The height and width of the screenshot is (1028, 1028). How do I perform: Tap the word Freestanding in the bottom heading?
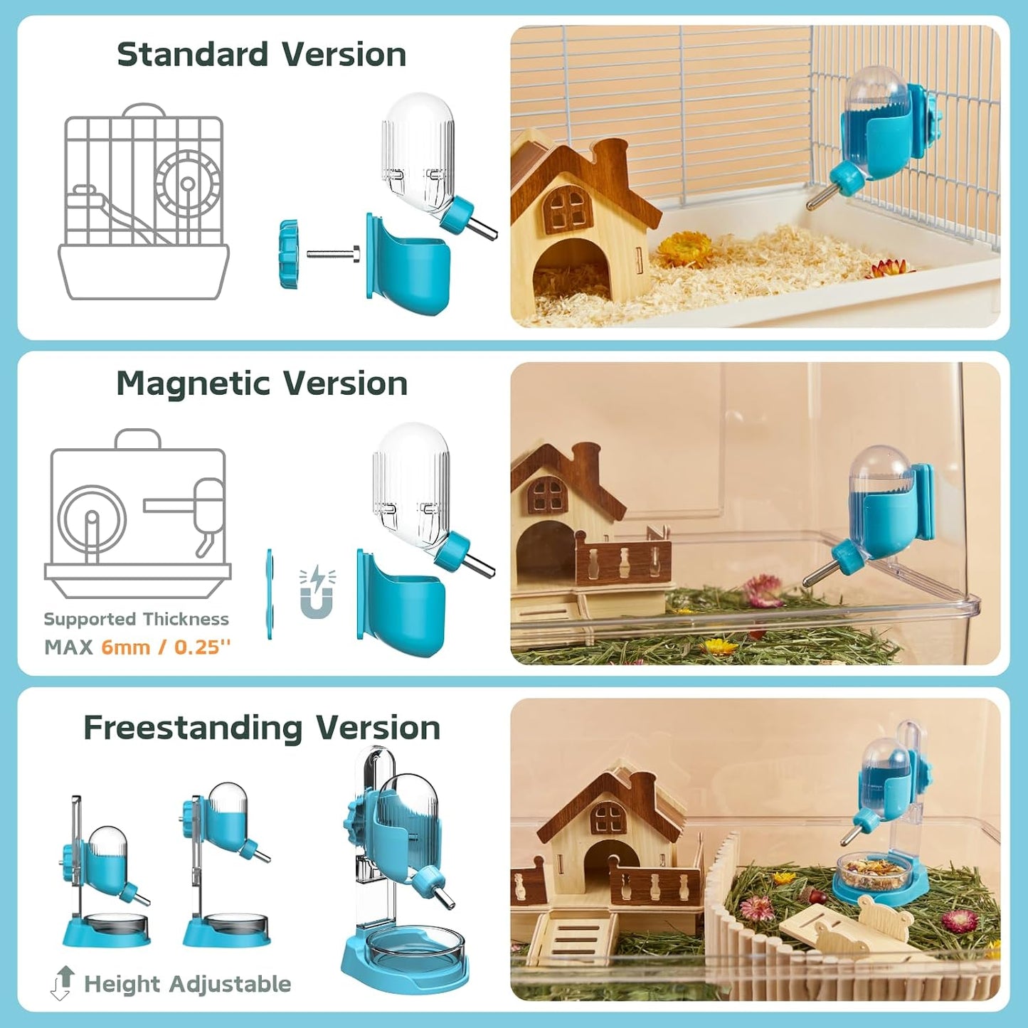193,728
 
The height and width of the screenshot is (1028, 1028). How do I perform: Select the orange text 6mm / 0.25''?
166,647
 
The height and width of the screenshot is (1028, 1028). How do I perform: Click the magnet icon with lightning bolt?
317,591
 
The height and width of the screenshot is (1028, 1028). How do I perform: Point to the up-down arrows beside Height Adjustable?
63,982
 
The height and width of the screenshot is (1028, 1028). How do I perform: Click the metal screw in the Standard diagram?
334,254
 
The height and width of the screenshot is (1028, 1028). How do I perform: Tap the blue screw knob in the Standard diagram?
289,255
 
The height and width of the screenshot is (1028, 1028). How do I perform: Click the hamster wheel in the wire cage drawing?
187,183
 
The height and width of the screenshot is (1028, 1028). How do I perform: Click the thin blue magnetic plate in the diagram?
270,593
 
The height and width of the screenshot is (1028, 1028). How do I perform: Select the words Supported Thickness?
136,620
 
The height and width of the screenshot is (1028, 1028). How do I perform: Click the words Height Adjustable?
188,985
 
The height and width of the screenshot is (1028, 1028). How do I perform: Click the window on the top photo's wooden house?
566,209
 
